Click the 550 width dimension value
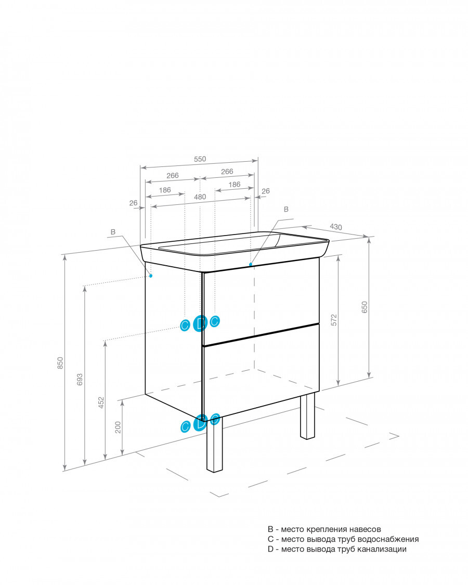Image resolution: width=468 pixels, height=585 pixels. pos(200,159)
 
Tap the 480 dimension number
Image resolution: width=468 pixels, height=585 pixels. pos(200,197)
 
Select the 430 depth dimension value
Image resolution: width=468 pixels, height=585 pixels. pos(336,227)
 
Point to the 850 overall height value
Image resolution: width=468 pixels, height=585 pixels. pos(60,363)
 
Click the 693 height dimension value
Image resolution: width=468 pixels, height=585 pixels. pos(80,380)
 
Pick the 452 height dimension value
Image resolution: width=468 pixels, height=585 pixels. pos(101,402)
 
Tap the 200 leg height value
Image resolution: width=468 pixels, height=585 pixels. pos(118,427)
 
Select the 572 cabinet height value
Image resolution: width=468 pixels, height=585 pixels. pos(334,320)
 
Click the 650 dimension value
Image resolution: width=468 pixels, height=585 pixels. pos(365,307)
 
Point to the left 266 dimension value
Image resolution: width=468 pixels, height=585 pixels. pos(173,175)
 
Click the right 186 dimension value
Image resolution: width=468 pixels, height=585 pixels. pos(235,184)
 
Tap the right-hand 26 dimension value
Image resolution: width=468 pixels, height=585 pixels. pos(265,191)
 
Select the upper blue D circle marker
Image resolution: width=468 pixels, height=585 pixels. pos(200,323)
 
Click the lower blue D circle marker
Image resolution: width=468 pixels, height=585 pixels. pos(200,423)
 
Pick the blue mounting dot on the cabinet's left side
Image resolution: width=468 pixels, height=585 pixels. pos(151,276)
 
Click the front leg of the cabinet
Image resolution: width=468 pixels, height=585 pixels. pos(215,444)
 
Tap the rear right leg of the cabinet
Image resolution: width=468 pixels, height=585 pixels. pos(307,415)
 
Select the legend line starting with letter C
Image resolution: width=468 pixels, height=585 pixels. pos(343,539)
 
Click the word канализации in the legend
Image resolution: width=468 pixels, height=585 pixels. pos(382,549)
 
